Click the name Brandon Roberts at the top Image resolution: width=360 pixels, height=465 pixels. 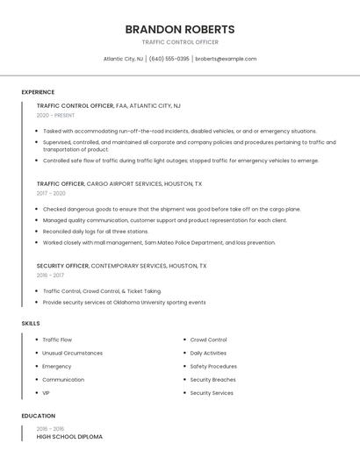click(x=180, y=29)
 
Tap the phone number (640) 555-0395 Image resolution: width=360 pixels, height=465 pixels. click(x=169, y=59)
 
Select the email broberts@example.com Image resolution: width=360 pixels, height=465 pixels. click(x=226, y=59)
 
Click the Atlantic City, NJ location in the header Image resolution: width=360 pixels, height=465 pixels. click(x=123, y=59)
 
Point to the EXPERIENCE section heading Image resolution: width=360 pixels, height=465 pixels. click(x=38, y=92)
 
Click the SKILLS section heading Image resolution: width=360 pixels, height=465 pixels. click(x=31, y=324)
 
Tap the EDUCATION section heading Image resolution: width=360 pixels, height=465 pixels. click(x=39, y=416)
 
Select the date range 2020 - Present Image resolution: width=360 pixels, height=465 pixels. click(x=55, y=115)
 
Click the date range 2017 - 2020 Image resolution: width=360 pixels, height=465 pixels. click(x=51, y=193)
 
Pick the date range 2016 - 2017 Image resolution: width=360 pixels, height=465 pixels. click(x=50, y=275)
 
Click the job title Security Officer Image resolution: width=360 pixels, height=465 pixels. click(x=62, y=265)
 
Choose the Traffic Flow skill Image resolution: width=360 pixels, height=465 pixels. click(x=57, y=340)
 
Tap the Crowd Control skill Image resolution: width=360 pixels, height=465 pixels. click(x=208, y=340)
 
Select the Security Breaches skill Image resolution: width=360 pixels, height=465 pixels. click(x=212, y=380)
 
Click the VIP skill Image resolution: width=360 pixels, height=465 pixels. click(x=47, y=393)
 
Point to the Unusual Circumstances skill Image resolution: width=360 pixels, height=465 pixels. click(x=72, y=353)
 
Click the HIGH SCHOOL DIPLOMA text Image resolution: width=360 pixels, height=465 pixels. click(x=69, y=436)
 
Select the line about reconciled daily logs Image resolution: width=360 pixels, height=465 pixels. click(x=96, y=232)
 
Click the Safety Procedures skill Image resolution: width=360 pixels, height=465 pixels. click(x=213, y=367)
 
